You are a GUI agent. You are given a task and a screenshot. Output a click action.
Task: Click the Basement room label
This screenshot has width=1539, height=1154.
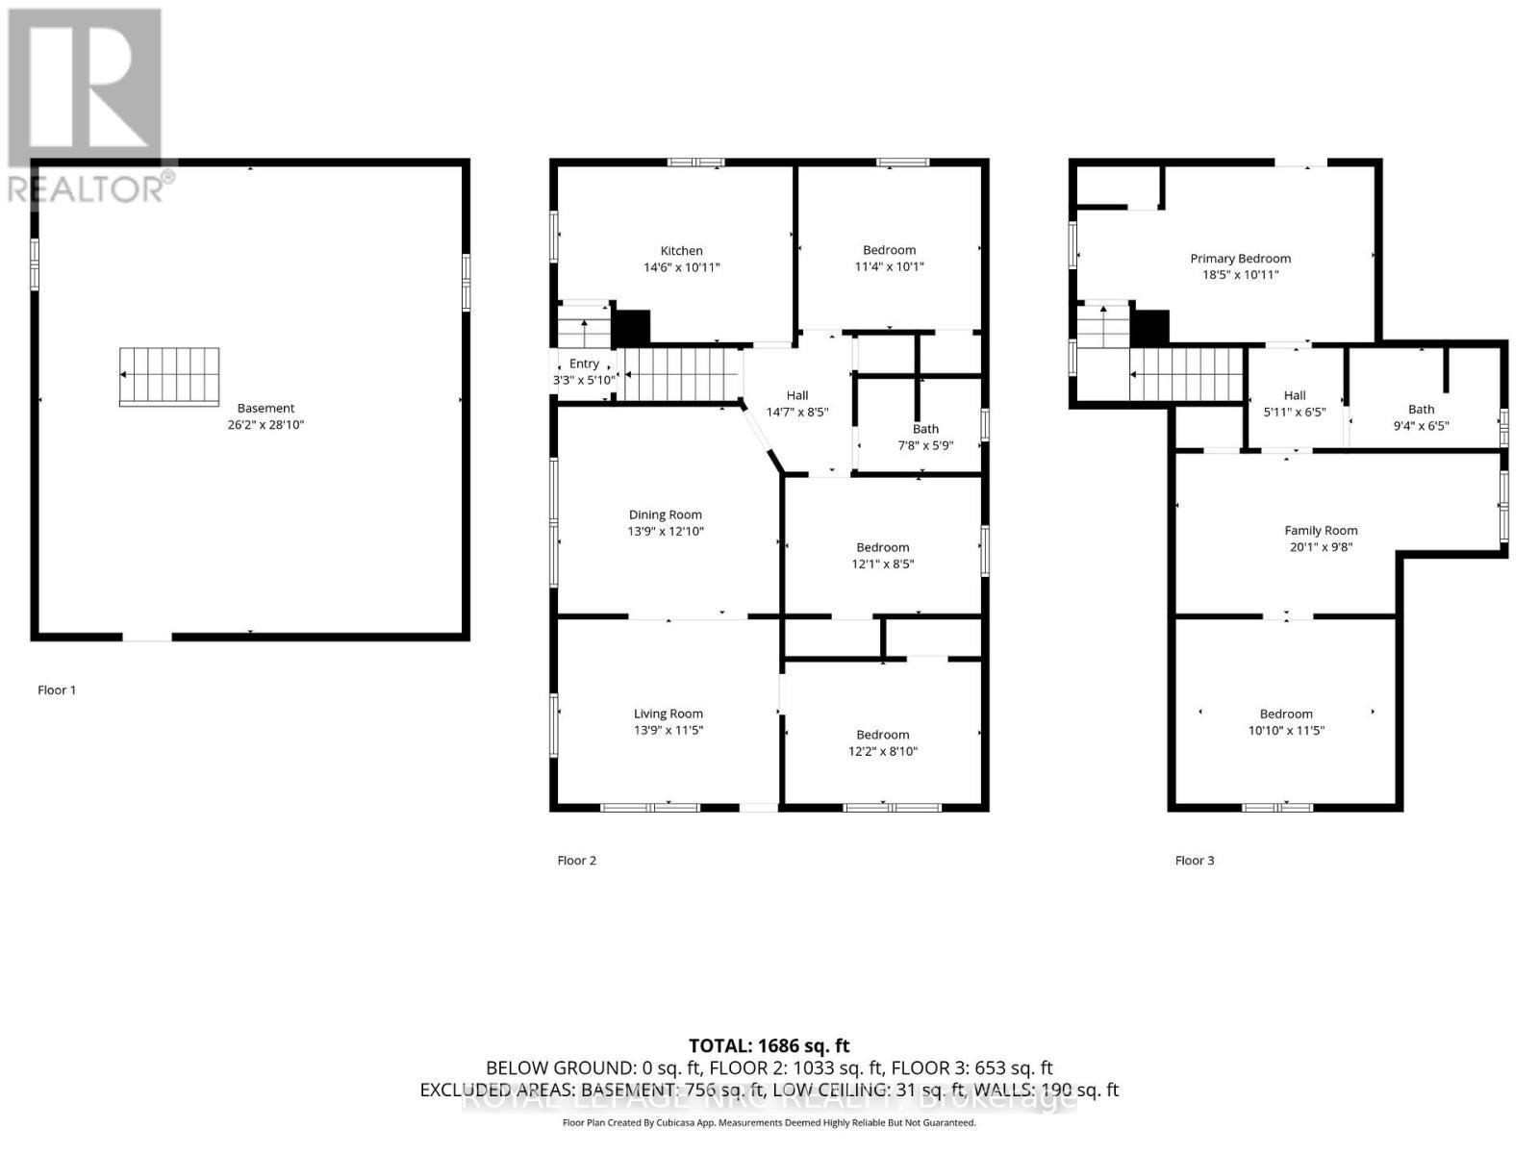pos(265,408)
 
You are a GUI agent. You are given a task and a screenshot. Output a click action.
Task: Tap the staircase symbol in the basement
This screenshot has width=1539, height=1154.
pos(169,376)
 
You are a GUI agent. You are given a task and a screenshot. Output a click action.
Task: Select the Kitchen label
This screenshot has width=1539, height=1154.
pos(681,250)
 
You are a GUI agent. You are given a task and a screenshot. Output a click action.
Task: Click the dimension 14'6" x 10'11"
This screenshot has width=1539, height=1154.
pos(681,267)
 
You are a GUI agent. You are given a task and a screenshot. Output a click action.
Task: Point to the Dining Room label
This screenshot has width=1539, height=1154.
pos(666,514)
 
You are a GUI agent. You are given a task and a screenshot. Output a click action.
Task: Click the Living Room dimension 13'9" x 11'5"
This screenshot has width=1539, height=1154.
pos(668,730)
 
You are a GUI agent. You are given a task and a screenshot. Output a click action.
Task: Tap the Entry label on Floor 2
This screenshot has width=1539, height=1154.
pos(584,364)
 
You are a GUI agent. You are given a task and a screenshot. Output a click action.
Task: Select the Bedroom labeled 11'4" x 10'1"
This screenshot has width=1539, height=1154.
pos(889,250)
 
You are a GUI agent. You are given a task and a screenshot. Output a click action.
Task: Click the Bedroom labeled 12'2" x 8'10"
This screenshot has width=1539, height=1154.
pos(882,735)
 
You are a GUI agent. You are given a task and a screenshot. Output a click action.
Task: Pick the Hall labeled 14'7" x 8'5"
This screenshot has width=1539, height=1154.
pos(796,395)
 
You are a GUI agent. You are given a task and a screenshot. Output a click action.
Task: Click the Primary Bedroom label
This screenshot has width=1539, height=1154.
pos(1240,258)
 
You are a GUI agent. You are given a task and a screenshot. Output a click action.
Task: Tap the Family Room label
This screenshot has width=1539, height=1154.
pos(1321,530)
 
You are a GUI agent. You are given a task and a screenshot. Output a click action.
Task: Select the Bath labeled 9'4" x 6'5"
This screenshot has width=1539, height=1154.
pos(1421,409)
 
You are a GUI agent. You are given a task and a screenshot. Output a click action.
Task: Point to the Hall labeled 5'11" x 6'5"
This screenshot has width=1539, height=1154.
pos(1295,395)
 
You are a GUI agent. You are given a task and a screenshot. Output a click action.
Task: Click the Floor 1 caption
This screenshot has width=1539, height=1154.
pos(57,690)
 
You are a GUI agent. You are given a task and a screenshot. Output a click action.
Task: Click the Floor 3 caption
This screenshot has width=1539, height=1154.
pos(1195,860)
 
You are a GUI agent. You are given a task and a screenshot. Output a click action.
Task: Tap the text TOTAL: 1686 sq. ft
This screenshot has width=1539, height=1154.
pos(769,1045)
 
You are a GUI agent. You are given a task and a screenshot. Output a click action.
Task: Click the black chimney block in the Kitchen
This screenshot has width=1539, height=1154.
pos(632,327)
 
